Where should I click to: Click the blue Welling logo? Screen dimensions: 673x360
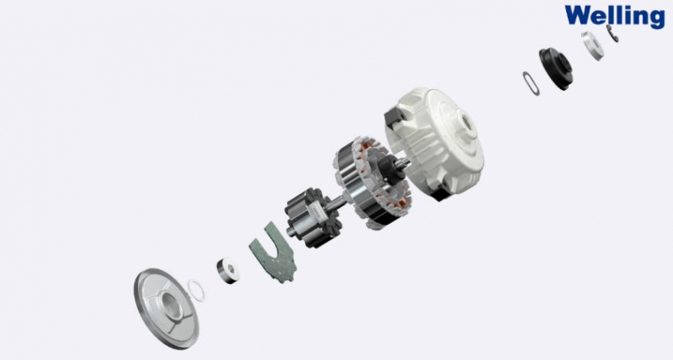coord(615,17)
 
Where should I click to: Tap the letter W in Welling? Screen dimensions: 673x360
coord(577,14)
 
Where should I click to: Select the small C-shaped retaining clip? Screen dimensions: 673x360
coord(612,34)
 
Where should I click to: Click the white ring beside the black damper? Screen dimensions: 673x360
coord(593,45)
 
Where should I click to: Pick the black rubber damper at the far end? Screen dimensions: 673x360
coord(556,69)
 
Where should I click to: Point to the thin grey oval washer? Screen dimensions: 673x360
coord(531,83)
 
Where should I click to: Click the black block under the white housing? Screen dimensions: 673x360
coord(439,194)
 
